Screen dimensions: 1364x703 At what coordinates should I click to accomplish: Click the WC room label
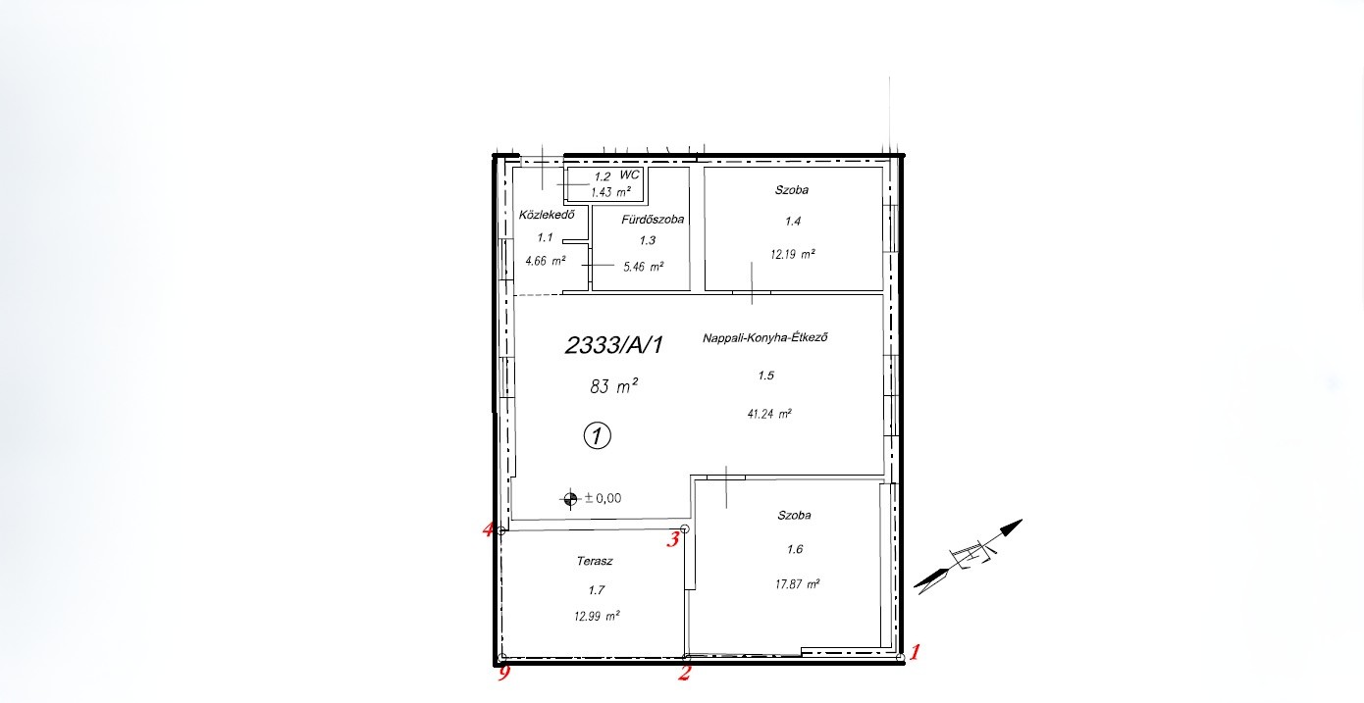tap(630, 176)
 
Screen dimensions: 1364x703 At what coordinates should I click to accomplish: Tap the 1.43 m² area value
tap(610, 192)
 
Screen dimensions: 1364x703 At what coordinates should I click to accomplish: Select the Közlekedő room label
tap(547, 215)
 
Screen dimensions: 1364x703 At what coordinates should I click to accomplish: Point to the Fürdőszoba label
tap(653, 219)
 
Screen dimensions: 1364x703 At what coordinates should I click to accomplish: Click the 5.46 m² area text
tap(643, 267)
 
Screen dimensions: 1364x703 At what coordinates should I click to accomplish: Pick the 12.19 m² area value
tap(792, 254)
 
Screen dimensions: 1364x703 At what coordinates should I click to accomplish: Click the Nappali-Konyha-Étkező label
tap(764, 337)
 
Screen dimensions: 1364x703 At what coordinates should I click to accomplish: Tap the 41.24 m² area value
tap(769, 414)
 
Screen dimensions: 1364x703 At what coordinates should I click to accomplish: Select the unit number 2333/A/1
tap(614, 345)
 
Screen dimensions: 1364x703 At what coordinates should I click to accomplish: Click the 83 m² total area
tap(614, 386)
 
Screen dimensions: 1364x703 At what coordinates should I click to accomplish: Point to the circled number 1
tap(598, 435)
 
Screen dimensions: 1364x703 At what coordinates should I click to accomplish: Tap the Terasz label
tap(595, 561)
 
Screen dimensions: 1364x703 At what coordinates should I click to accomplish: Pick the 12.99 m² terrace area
tap(597, 617)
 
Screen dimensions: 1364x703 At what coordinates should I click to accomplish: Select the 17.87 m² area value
tap(797, 584)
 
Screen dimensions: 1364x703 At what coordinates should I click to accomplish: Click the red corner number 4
tap(488, 529)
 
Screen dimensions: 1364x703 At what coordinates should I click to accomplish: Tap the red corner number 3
tap(673, 539)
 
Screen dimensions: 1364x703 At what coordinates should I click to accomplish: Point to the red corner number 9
tap(504, 674)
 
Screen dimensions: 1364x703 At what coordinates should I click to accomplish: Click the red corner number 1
tap(914, 652)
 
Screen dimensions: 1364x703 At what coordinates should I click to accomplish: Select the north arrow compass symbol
tap(969, 557)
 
